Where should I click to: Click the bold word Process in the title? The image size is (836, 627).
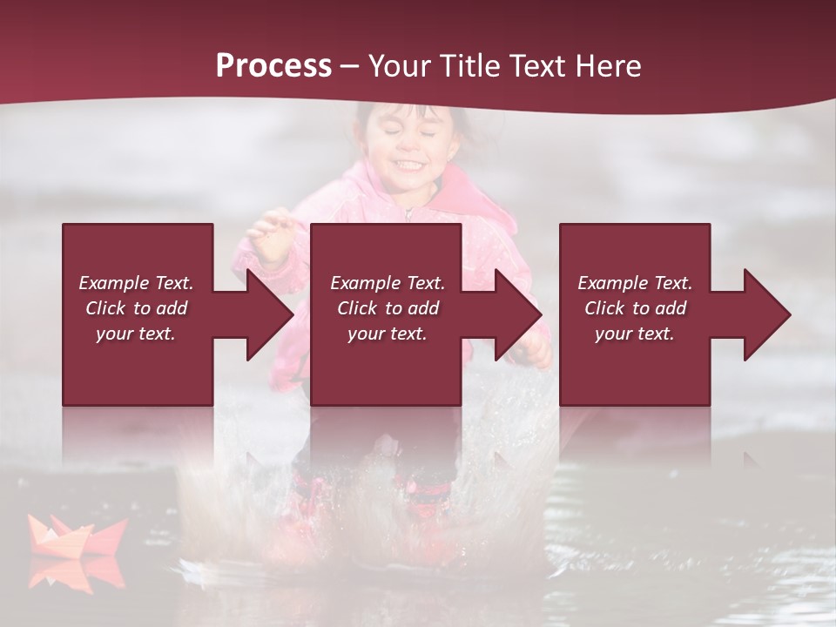point(273,65)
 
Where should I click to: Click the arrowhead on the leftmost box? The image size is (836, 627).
point(266,314)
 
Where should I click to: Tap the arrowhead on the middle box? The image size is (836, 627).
point(515,314)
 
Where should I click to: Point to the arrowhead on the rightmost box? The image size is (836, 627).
point(765,314)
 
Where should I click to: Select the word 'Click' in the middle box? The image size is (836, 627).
point(357,308)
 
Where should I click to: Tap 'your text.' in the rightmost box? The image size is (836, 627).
point(634,334)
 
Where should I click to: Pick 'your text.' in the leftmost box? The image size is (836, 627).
point(135,334)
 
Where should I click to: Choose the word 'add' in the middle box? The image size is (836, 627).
point(422,308)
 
